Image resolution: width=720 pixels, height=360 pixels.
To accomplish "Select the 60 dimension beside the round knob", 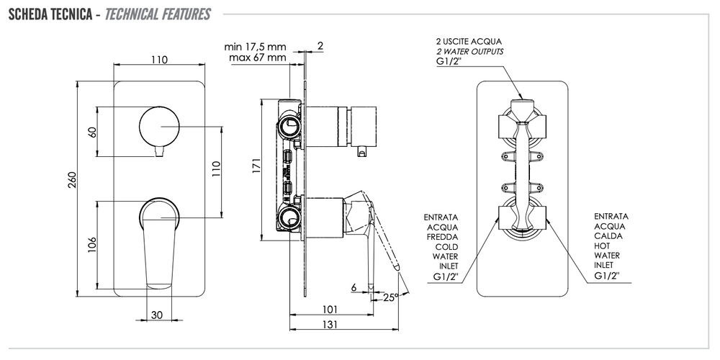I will pyautogui.click(x=91, y=132).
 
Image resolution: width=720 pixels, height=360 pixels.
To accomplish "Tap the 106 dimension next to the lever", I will pyautogui.click(x=91, y=246).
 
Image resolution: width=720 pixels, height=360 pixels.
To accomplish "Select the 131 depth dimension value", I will pyautogui.click(x=330, y=325).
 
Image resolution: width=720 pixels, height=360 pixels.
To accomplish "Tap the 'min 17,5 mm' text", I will pyautogui.click(x=255, y=46).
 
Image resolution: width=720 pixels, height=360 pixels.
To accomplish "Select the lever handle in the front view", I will pyautogui.click(x=160, y=238).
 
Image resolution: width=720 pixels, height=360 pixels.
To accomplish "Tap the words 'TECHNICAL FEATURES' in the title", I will pyautogui.click(x=157, y=14).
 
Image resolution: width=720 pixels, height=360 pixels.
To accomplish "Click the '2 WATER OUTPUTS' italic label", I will pyautogui.click(x=469, y=52).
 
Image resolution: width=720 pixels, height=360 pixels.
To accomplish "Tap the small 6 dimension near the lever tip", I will pyautogui.click(x=354, y=287).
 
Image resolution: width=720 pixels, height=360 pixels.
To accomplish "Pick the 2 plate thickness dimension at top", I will pyautogui.click(x=320, y=46).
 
